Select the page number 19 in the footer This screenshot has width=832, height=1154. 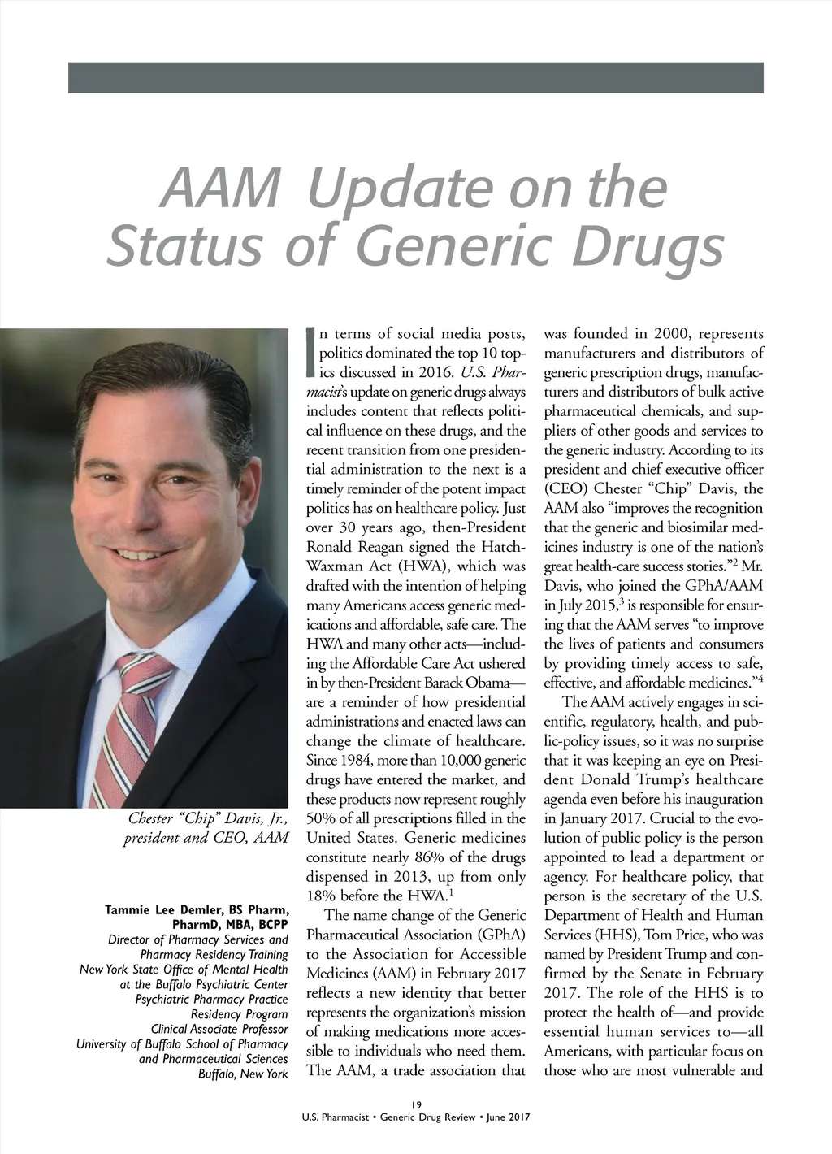coord(415,1103)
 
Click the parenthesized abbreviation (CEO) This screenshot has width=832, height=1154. coord(565,489)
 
